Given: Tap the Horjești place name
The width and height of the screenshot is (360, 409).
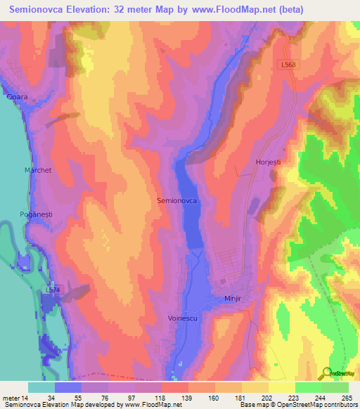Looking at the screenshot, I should [268, 162].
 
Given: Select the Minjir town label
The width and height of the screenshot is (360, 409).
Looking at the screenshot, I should [233, 299].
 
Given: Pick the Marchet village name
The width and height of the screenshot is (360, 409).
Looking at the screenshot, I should [39, 170].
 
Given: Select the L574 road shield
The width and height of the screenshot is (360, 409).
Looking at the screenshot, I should [53, 290].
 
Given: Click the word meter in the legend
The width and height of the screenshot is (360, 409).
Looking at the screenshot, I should [12, 397].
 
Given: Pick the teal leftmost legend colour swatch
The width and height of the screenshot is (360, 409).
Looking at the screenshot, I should [41, 387].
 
